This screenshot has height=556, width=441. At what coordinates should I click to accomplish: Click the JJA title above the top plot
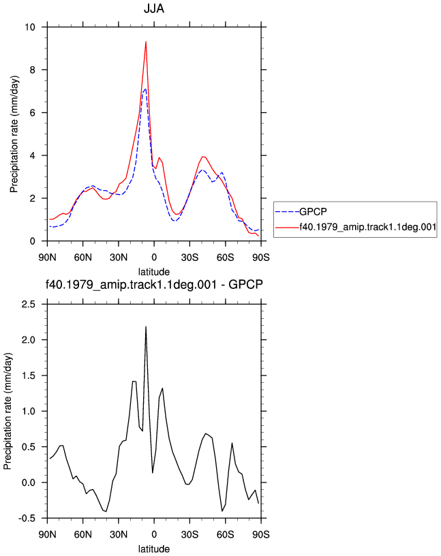(154, 8)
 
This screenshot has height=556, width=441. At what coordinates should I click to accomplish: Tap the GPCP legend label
(313, 212)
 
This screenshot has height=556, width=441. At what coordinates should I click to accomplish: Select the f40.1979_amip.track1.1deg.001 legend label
(368, 227)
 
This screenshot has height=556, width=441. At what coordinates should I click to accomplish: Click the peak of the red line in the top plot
(146, 42)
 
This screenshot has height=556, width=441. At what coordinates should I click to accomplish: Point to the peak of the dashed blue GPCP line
(145, 89)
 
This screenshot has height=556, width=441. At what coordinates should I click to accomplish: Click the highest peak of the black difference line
(146, 326)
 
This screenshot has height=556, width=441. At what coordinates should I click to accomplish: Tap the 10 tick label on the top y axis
(30, 27)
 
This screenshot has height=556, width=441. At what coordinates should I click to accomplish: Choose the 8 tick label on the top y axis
(33, 70)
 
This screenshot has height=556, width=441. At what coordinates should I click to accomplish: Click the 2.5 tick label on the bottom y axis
(29, 305)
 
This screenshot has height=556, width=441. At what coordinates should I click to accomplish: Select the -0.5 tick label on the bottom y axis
(27, 519)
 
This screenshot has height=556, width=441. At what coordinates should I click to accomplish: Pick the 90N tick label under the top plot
(47, 258)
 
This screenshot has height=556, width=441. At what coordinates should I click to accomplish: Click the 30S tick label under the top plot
(189, 258)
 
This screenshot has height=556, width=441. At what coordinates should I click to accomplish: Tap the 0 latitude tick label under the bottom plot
(154, 534)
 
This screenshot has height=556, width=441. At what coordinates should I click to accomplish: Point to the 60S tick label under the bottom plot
(226, 534)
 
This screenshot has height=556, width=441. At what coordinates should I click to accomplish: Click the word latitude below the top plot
(154, 272)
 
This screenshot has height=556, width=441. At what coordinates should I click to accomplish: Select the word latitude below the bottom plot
(154, 549)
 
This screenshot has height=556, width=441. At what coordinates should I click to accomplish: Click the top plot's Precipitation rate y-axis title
(14, 134)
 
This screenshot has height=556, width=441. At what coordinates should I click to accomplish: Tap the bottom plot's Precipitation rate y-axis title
(7, 412)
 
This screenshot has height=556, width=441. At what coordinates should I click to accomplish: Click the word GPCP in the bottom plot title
(245, 284)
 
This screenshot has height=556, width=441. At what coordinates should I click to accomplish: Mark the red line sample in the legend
(287, 227)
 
